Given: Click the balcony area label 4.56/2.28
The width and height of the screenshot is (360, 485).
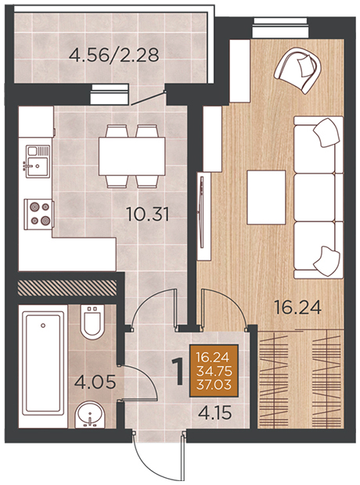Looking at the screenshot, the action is pyautogui.click(x=114, y=56).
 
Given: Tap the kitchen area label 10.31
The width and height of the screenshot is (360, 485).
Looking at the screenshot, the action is pyautogui.click(x=148, y=214).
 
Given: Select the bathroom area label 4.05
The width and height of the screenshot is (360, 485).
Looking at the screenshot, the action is pyautogui.click(x=95, y=382).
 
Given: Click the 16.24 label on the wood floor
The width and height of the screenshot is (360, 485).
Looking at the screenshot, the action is pyautogui.click(x=298, y=307).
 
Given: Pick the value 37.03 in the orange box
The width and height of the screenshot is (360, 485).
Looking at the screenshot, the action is pyautogui.click(x=214, y=385).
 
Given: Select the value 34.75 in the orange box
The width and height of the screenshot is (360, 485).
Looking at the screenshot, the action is pyautogui.click(x=214, y=372).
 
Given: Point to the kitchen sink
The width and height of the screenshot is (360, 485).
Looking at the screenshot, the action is pyautogui.click(x=38, y=161).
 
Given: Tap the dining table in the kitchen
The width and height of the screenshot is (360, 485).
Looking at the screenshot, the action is pyautogui.click(x=131, y=156).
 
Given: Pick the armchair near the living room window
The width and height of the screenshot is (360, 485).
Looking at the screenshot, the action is pyautogui.click(x=297, y=70).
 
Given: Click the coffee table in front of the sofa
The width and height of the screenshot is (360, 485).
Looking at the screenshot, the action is pyautogui.click(x=266, y=197).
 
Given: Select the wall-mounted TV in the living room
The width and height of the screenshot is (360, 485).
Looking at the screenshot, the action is pyautogui.click(x=202, y=212).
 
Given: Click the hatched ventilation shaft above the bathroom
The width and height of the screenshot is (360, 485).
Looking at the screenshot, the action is pyautogui.click(x=67, y=287).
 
